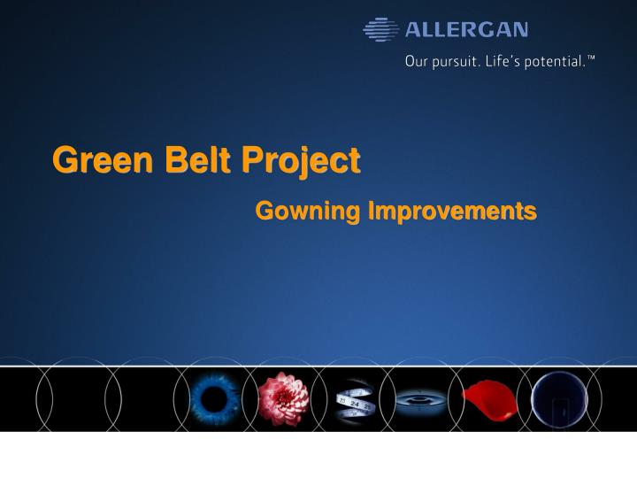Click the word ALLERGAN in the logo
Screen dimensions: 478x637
point(466,30)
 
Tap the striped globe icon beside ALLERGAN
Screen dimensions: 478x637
point(381,30)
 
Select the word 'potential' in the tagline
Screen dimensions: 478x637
point(553,62)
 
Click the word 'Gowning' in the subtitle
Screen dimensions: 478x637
point(307,212)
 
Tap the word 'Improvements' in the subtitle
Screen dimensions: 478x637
point(452,212)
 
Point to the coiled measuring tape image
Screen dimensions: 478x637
point(354,401)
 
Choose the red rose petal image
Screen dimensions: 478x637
point(490,397)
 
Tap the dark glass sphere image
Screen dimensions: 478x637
point(559,399)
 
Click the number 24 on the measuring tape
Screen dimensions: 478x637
point(355,404)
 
